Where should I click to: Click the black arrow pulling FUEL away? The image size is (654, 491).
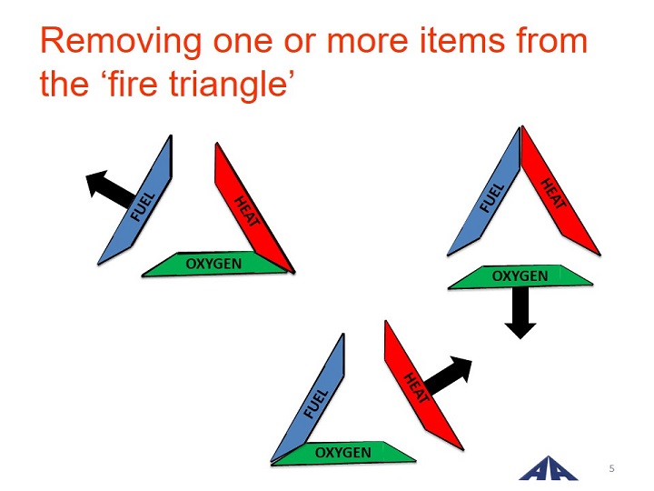point(110,189)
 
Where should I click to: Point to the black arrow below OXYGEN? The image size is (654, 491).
point(520,313)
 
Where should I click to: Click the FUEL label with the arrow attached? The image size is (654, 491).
point(143,206)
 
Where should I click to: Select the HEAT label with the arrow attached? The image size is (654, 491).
point(416,387)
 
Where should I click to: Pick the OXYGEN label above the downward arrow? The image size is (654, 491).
point(520,276)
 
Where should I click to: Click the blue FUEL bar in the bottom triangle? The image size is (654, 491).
point(308,398)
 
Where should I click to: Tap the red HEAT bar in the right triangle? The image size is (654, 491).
point(560,191)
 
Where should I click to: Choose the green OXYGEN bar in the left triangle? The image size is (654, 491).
point(213,264)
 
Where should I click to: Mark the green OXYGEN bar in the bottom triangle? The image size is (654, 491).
point(342,453)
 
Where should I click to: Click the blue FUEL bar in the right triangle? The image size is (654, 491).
point(484,192)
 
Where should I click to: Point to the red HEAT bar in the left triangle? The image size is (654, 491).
point(254,208)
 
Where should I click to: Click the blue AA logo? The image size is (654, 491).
point(548,469)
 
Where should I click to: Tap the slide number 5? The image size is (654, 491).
point(611,468)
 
